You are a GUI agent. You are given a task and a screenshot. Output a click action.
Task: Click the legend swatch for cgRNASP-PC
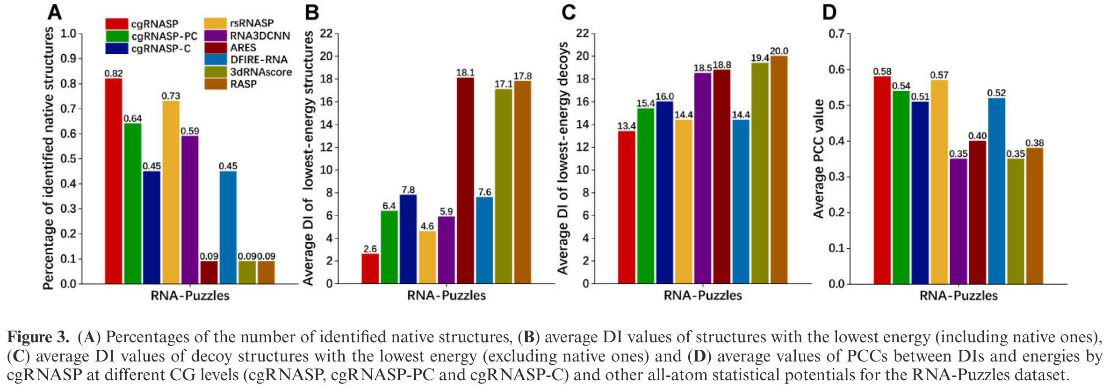point(117,36)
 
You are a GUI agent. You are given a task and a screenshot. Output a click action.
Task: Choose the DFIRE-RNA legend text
point(259,60)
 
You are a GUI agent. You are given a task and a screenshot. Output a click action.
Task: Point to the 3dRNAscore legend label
point(261,72)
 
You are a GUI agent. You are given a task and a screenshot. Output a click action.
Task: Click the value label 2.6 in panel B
point(370,249)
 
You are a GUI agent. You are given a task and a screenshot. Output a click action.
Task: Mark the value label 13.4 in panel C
point(627,126)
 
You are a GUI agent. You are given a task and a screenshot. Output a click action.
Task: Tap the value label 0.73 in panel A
point(171,96)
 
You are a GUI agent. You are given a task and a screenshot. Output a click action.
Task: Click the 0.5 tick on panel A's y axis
point(68,159)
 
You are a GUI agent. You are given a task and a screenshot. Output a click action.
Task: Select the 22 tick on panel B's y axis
point(326,34)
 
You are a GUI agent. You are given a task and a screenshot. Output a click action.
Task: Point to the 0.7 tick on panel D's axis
point(837,34)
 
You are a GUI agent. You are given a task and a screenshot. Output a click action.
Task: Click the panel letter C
point(569,12)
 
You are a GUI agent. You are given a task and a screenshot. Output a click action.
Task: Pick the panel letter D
point(829,12)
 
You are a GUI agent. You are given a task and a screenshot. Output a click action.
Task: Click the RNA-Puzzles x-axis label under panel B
point(447,296)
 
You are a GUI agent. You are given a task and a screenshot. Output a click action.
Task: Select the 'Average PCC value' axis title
point(819,159)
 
